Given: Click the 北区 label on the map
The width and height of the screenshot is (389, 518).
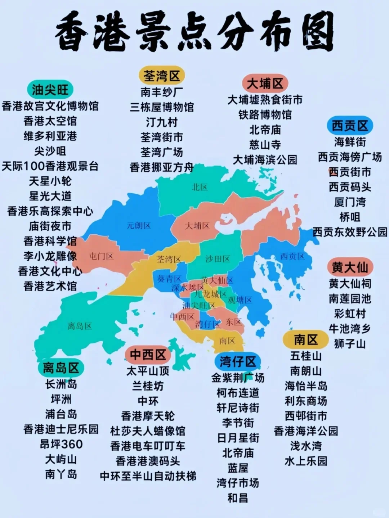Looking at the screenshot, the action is coord(200,187).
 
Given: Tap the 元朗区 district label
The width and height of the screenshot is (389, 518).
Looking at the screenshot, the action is coord(139,226).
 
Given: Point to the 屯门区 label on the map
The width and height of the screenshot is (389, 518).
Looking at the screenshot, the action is coord(101,256).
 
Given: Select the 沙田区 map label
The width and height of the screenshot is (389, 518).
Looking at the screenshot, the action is coord(218,258).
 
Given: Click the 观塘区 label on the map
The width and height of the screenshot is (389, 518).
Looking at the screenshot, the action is coord(240,300).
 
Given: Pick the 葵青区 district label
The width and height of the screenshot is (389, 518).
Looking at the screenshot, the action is coord(169,279).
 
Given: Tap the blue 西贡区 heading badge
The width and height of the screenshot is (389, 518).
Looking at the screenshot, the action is coord(350,126).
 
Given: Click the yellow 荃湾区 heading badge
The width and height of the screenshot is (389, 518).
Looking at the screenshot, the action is coord(161,76).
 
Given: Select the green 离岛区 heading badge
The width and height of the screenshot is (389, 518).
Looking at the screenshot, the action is coord(61,368).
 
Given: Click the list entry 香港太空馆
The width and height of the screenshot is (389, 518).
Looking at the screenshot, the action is coord(50,121).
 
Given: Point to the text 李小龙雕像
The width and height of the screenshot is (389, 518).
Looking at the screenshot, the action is coord(50,256).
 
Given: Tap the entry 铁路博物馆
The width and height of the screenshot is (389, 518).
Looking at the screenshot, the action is coord(265,114).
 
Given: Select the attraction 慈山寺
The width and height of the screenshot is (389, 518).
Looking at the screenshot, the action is coord(265,145).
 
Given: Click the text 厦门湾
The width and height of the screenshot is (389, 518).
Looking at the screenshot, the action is coord(350,202).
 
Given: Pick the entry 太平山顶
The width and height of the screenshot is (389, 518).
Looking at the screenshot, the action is coord(148,371).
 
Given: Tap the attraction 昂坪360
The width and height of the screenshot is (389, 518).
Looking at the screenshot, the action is coord(61,444).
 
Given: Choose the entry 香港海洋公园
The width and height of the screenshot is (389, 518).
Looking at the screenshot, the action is coord(306,431).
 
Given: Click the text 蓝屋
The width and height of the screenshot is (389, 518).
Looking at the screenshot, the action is coord(238,468).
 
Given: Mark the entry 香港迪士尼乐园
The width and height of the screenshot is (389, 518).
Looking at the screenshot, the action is coord(61,429).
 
